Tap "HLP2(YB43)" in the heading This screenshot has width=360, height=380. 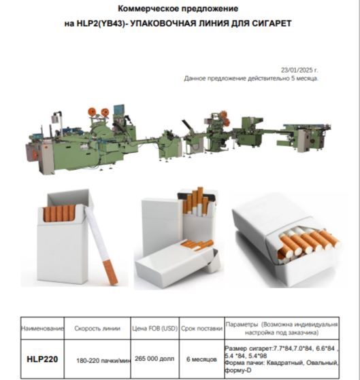click(100, 24)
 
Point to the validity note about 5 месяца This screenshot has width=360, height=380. click(251, 79)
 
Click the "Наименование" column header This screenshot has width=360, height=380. click(42, 328)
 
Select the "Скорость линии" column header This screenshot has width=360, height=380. click(97, 328)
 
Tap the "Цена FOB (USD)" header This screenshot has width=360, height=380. click(154, 328)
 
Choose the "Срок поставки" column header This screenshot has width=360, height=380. click(202, 328)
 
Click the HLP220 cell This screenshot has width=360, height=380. click(42, 359)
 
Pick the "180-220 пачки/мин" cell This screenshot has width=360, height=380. click(103, 360)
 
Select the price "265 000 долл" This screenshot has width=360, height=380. click(154, 359)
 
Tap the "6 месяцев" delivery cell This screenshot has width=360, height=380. click(201, 359)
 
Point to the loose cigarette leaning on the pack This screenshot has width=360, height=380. click(101, 245)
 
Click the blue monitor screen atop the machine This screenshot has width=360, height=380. click(119, 109)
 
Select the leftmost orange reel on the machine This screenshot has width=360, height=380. click(92, 111)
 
